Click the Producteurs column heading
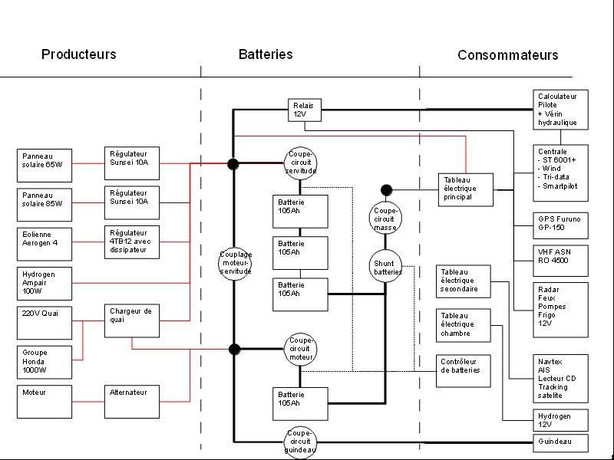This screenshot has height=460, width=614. click(79, 54)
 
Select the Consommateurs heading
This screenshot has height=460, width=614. click(507, 55)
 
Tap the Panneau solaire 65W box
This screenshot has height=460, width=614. click(45, 165)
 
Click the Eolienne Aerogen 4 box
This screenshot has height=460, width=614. click(45, 243)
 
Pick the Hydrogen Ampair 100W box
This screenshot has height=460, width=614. click(45, 282)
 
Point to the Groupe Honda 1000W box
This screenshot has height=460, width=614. click(45, 362)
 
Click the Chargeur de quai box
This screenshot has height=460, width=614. click(131, 320)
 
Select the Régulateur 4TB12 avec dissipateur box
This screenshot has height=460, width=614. click(131, 242)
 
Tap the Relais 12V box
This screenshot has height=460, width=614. click(305, 110)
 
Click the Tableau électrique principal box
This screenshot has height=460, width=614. click(465, 189)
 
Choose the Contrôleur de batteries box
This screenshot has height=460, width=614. click(464, 366)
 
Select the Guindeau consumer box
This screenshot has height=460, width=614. click(561, 442)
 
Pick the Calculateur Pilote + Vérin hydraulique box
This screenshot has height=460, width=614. click(561, 110)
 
